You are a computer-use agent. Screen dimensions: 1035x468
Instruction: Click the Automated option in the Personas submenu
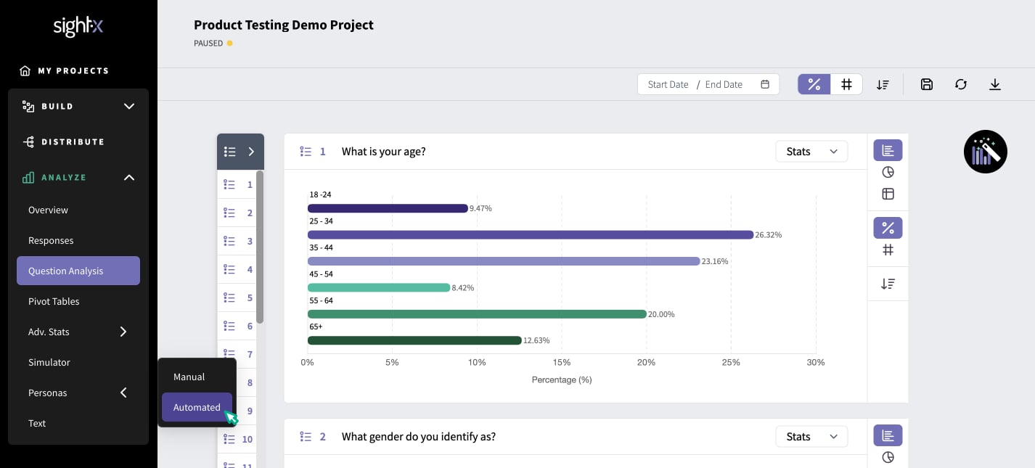tap(197, 407)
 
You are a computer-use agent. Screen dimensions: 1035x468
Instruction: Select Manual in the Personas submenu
tap(189, 377)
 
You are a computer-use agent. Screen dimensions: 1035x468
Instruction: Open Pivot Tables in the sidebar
tap(54, 301)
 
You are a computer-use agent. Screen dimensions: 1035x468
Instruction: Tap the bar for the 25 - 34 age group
tap(531, 234)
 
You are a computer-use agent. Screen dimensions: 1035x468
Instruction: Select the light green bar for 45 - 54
tap(379, 288)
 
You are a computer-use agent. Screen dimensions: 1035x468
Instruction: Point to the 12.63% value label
tap(536, 340)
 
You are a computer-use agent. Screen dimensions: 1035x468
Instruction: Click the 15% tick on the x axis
tap(561, 362)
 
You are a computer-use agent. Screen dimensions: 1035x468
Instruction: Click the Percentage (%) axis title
tap(562, 379)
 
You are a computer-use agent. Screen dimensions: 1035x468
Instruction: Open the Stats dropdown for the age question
tap(811, 152)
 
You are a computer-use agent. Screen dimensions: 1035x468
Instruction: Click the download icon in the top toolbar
tap(995, 85)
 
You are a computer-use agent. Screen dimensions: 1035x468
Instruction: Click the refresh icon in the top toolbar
tap(961, 85)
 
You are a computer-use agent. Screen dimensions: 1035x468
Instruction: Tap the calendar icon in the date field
tap(765, 84)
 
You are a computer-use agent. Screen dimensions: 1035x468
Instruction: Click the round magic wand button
tap(986, 152)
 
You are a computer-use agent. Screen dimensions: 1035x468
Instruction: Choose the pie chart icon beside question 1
tap(888, 172)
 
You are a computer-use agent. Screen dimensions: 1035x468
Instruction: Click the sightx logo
tap(78, 26)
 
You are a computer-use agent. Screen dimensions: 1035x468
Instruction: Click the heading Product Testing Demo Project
tap(283, 25)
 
